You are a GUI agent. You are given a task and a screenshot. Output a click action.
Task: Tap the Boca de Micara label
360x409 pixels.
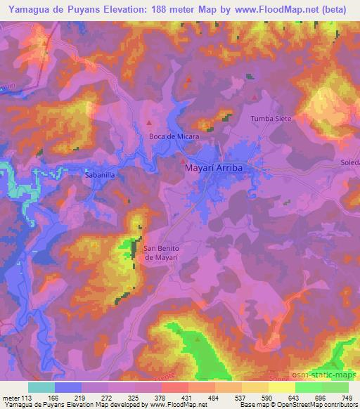pyautogui.click(x=174, y=136)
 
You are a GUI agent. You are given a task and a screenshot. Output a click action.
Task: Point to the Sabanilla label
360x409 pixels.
pyautogui.click(x=99, y=171)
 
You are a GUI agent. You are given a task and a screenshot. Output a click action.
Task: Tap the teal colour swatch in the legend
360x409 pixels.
pyautogui.click(x=41, y=387)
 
